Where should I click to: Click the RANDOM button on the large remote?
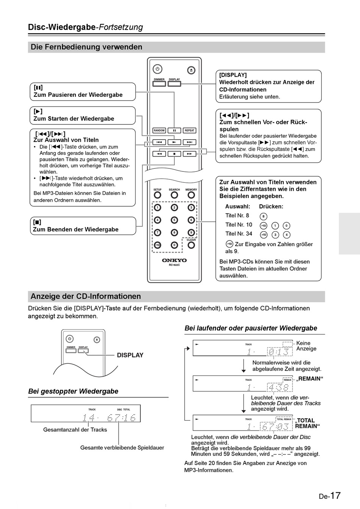click(x=159, y=130)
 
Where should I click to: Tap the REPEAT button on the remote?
click(x=189, y=130)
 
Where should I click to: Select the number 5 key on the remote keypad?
click(x=174, y=220)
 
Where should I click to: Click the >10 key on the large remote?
click(x=157, y=245)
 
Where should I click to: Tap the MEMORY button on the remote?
click(x=191, y=195)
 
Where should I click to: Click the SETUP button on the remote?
click(x=157, y=195)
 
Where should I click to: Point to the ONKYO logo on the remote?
click(x=174, y=261)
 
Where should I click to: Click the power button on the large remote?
click(x=158, y=69)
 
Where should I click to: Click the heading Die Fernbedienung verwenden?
click(x=86, y=47)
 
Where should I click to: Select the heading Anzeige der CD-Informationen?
click(x=86, y=296)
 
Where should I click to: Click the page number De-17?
click(x=329, y=496)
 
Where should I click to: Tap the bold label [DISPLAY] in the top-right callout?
click(x=233, y=75)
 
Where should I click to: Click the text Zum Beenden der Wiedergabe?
click(x=76, y=229)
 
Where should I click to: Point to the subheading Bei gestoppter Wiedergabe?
click(x=73, y=391)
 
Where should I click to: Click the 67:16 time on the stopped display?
click(x=121, y=418)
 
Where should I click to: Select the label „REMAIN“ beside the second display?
click(x=310, y=379)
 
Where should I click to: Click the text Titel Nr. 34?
click(x=239, y=234)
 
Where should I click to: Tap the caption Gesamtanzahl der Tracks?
click(x=75, y=430)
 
